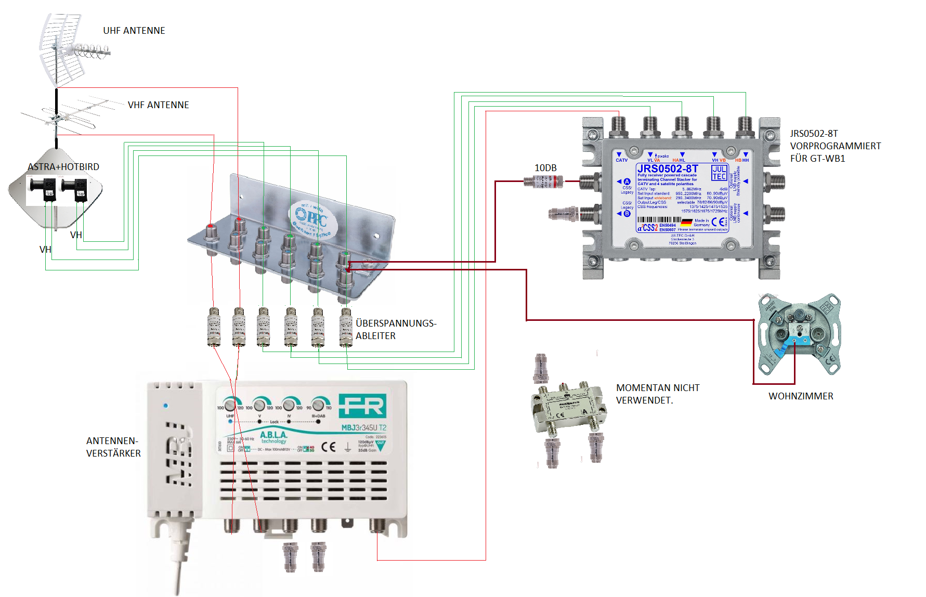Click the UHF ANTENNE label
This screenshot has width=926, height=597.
pos(134,31)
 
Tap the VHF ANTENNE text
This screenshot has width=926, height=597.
pos(158,105)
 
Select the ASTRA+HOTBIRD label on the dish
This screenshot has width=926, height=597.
pos(63,167)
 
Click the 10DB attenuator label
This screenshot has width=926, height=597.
pos(545,168)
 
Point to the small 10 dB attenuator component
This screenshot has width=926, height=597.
pos(543,181)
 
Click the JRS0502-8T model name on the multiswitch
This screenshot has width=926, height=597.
pos(668,168)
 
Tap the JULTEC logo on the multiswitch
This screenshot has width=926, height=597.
pos(719,173)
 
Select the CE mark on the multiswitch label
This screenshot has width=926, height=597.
pos(719,222)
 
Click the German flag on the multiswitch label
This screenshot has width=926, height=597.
pos(686,222)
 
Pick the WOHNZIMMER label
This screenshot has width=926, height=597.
pos(801,396)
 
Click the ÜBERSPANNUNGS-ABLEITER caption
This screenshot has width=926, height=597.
pos(396,330)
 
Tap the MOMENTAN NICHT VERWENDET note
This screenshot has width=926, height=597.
pos(657,394)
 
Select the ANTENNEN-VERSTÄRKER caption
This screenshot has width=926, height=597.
pos(113,447)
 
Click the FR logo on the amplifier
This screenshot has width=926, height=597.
pos(362,406)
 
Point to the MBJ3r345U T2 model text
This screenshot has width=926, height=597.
pos(363,428)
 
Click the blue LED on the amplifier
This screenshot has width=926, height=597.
pos(166,406)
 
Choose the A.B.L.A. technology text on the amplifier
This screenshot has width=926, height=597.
pos(273,437)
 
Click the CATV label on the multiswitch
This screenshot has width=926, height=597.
pos(621,160)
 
